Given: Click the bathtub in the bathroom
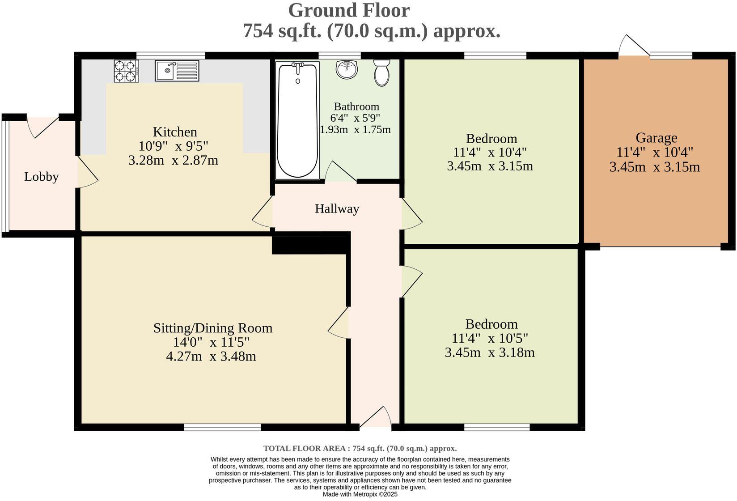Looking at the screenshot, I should tap(298, 120).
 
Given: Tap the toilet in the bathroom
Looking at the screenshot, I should tap(381, 73).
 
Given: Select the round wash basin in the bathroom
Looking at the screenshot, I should tap(347, 70).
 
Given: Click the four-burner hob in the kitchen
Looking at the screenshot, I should tap(126, 71).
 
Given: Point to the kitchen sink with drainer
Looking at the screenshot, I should tap(177, 71).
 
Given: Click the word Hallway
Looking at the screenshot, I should tap(337, 209).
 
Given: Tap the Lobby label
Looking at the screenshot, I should tap(41, 177).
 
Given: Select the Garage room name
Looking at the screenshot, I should tap(656, 138).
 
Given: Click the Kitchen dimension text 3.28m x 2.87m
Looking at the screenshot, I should tap(173, 160).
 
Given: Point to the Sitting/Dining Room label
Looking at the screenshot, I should tap(213, 328).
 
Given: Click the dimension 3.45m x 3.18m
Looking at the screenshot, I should tap(490, 352).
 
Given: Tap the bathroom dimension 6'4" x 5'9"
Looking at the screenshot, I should tap(355, 119).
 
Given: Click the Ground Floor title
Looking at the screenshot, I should tap(348, 10).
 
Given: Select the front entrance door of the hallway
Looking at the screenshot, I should tap(376, 418).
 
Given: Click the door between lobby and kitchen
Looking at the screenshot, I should tap(88, 172).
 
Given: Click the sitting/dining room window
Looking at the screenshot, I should tap(222, 428).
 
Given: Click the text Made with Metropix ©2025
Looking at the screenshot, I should tap(360, 494).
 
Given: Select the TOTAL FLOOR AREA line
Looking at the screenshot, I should tap(360, 448).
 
